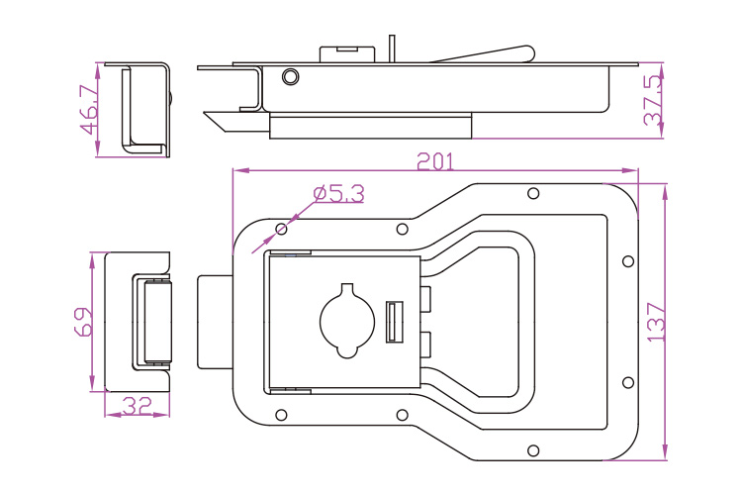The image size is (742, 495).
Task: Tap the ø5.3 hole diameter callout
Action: point(338,194)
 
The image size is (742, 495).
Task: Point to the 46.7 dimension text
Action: point(88,109)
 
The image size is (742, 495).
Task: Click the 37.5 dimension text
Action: point(653,101)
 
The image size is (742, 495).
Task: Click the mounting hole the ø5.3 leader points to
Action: point(282,230)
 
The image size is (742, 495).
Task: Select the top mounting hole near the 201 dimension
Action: point(533,192)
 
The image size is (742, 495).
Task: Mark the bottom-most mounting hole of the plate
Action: point(533,451)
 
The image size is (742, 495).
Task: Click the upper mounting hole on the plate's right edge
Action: point(627,261)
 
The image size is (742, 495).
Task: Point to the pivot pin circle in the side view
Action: point(290,77)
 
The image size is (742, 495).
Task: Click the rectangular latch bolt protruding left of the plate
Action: point(215,322)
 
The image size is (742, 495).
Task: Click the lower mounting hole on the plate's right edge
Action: point(627,382)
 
